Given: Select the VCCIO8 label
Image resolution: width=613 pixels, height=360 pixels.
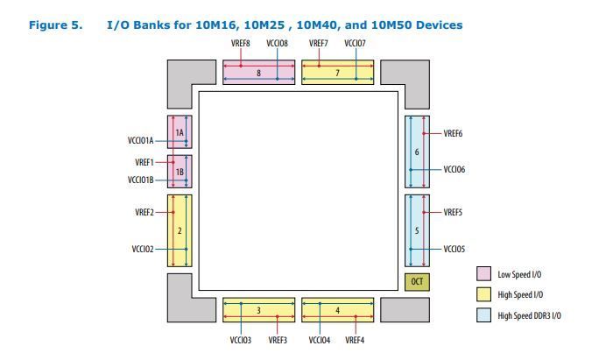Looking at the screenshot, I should pos(278,43).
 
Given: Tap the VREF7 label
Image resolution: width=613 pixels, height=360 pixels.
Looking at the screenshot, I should pos(319,43).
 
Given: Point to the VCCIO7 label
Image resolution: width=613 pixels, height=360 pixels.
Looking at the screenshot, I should pos(356,43).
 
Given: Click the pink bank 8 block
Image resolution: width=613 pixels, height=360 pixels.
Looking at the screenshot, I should pos(258,73).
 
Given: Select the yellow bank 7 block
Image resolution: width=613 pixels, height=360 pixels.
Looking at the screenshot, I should pos(338,73).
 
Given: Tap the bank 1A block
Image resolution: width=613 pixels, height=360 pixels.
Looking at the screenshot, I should pos(180,132).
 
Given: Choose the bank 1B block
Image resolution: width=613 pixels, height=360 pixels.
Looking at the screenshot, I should pos(180,172).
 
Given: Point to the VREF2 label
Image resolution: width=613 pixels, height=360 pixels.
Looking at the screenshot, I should pos(144,212).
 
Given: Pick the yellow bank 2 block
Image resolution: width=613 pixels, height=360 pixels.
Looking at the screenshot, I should pos(180,230).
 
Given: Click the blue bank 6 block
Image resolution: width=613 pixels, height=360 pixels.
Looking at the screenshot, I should pos(417,152).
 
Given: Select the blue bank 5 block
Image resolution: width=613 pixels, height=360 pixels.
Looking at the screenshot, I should pos(417,230).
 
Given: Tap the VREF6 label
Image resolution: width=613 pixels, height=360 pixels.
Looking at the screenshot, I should pos(453,133).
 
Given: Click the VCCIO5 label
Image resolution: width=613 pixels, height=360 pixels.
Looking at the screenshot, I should pos(454,249).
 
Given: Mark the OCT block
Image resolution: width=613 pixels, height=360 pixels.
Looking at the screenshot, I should pos(417,282).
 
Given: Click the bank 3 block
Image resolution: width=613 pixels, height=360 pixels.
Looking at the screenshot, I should pos(258,311).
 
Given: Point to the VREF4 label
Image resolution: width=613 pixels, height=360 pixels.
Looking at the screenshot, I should pos(355,340).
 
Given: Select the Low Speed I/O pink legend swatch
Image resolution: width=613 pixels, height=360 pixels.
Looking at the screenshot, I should pos(483,274).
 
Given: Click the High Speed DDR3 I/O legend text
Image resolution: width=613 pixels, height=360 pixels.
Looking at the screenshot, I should pos(529,315).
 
